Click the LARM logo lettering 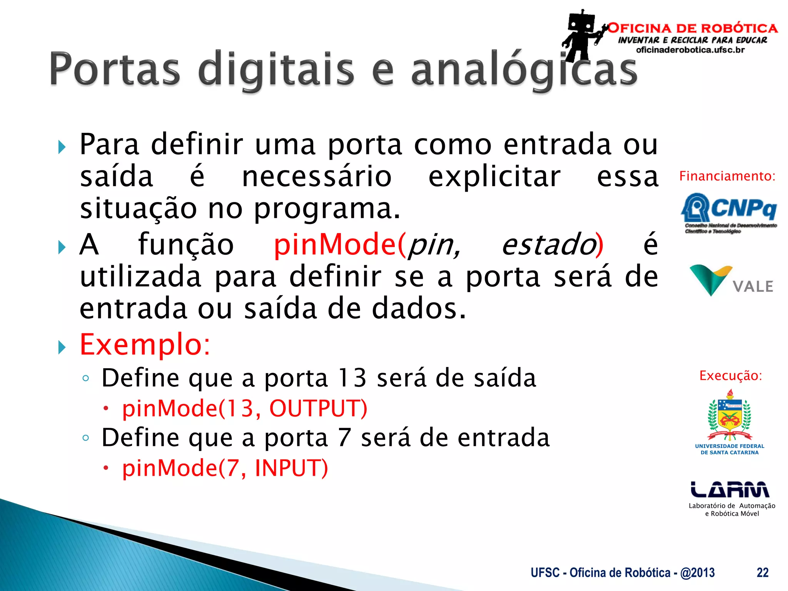pos(730,490)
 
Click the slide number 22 pos(762,573)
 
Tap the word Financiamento pos(727,176)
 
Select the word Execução pos(730,376)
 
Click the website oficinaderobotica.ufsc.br pos(690,50)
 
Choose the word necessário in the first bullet pos(317,177)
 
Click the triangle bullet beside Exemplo pos(62,347)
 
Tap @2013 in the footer pos(697,573)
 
